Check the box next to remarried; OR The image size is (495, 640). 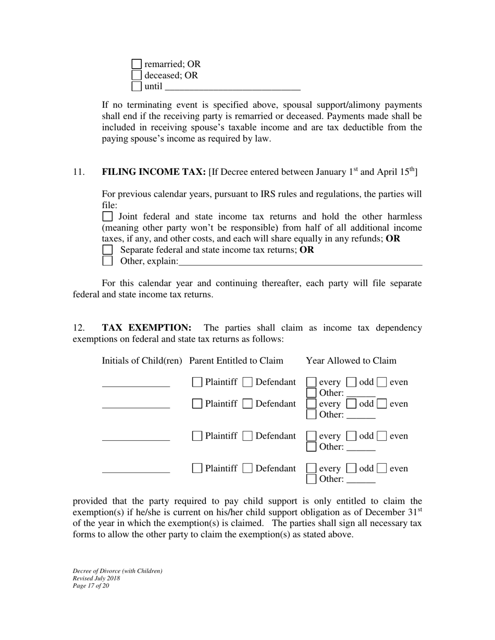(x=137, y=64)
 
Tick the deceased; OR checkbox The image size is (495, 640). (x=137, y=75)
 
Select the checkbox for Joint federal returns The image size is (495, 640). (x=107, y=216)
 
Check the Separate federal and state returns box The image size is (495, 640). (x=107, y=250)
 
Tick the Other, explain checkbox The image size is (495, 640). (x=107, y=261)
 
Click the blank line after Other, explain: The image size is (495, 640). (x=300, y=262)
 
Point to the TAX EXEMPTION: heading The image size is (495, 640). (x=146, y=328)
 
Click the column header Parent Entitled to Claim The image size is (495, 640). (x=237, y=361)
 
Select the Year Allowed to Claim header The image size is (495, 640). (x=351, y=361)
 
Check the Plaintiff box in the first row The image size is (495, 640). (x=197, y=382)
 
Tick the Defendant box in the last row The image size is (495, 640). (x=249, y=469)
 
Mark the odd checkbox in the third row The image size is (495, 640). (x=352, y=437)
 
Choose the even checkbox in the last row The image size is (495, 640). (x=382, y=469)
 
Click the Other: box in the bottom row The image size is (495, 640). (x=312, y=479)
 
